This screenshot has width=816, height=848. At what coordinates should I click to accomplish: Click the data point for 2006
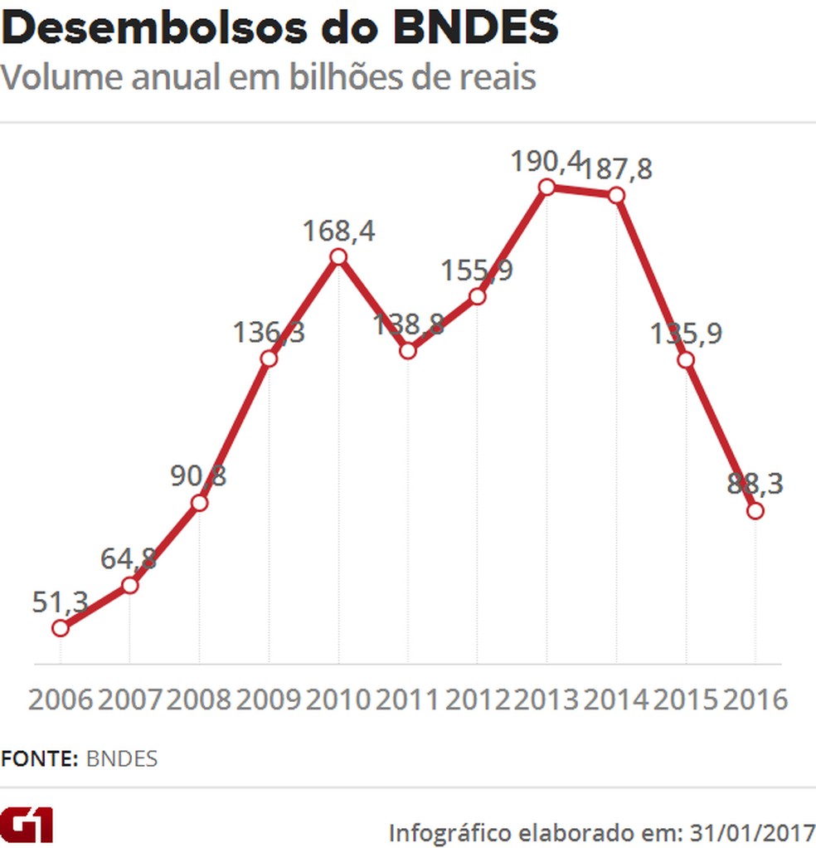pyautogui.click(x=60, y=628)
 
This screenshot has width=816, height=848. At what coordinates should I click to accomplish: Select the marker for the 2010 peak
pyautogui.click(x=338, y=256)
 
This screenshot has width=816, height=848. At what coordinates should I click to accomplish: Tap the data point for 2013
pyautogui.click(x=546, y=187)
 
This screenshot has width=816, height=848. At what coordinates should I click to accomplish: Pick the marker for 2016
pyautogui.click(x=755, y=510)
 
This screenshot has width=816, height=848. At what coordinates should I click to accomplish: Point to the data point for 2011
pyautogui.click(x=407, y=350)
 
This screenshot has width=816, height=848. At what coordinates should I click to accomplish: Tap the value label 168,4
pyautogui.click(x=338, y=230)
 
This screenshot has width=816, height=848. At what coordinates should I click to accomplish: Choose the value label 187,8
pyautogui.click(x=616, y=168)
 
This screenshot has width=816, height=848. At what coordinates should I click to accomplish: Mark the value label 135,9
pyautogui.click(x=687, y=334)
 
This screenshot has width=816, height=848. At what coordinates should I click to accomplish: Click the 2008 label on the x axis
pyautogui.click(x=199, y=699)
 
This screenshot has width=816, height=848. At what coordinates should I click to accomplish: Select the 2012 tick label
pyautogui.click(x=477, y=699)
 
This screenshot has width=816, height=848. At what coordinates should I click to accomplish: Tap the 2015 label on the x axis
pyautogui.click(x=686, y=699)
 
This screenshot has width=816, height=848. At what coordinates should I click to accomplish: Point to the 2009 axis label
pyautogui.click(x=269, y=699)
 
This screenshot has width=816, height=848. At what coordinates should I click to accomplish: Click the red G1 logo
pyautogui.click(x=27, y=826)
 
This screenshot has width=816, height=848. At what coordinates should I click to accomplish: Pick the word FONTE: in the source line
pyautogui.click(x=40, y=758)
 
